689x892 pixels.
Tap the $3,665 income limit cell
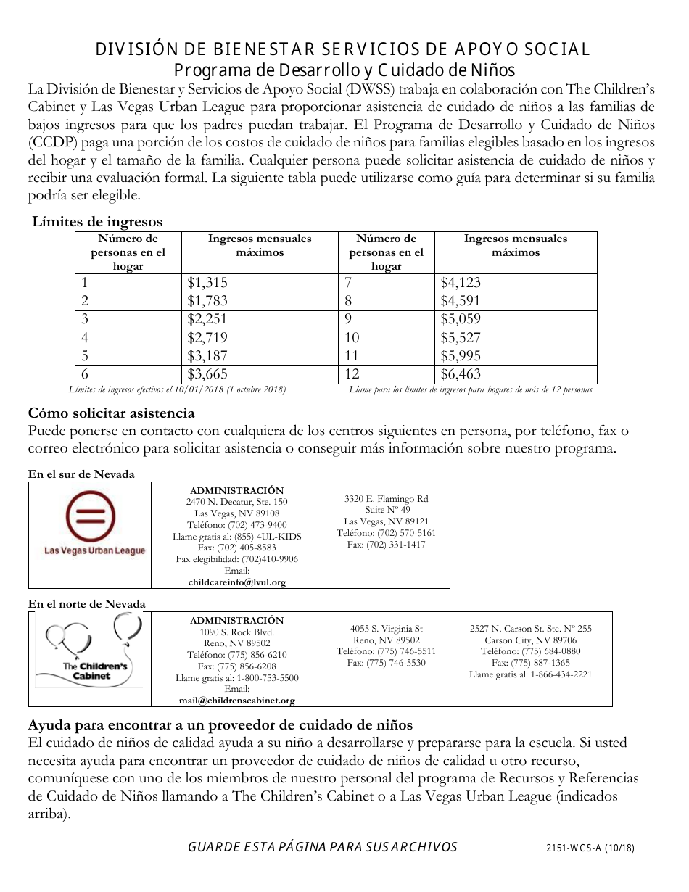click(207, 374)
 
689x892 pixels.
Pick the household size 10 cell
click(352, 337)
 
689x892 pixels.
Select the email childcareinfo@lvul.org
click(236, 582)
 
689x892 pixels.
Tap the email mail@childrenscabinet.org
click(236, 700)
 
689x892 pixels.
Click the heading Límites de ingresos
click(97, 222)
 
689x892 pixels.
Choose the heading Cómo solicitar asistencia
click(111, 413)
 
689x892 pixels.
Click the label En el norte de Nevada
click(87, 603)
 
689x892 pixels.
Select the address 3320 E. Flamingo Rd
click(386, 499)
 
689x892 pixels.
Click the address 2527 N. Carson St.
click(530, 629)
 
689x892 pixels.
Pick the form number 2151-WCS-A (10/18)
click(590, 848)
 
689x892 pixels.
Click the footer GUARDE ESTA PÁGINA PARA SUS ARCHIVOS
click(322, 847)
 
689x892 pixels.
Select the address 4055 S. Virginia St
click(386, 629)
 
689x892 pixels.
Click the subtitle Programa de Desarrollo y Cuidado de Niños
click(344, 70)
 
